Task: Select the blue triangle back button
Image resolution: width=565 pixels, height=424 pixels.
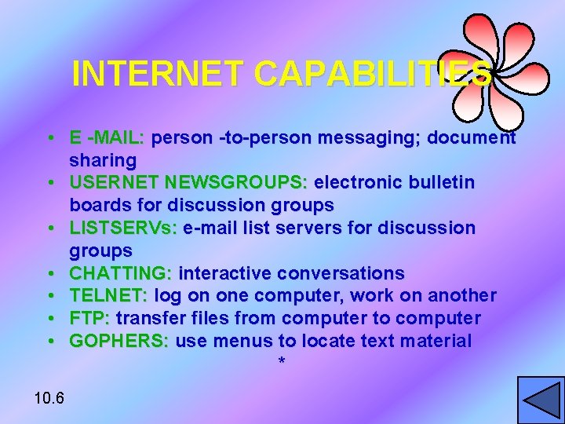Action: [540, 400]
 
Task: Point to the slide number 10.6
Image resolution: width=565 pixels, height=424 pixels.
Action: [49, 397]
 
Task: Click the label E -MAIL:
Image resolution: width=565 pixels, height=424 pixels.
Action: [107, 138]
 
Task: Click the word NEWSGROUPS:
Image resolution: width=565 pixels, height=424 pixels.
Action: [237, 183]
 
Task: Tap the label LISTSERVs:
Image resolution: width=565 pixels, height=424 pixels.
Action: [123, 228]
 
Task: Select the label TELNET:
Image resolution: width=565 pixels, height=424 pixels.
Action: [109, 296]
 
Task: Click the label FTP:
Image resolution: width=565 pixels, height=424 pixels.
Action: [90, 318]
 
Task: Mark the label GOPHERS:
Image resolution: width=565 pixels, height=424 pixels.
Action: [118, 341]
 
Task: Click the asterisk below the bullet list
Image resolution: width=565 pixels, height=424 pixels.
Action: [282, 362]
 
